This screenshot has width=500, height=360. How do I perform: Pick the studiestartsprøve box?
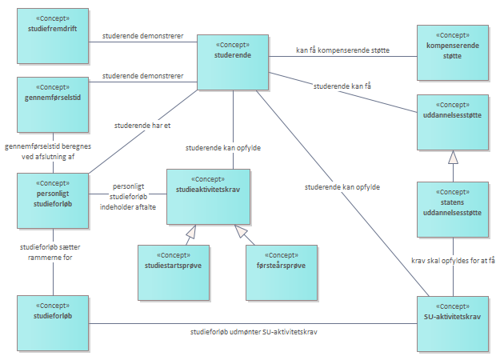click(x=173, y=271)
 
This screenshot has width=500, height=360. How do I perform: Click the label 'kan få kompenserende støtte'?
click(x=342, y=51)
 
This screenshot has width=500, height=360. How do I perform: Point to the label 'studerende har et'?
click(x=143, y=125)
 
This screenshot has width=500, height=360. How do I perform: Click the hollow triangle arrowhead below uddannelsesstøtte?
click(x=452, y=158)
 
